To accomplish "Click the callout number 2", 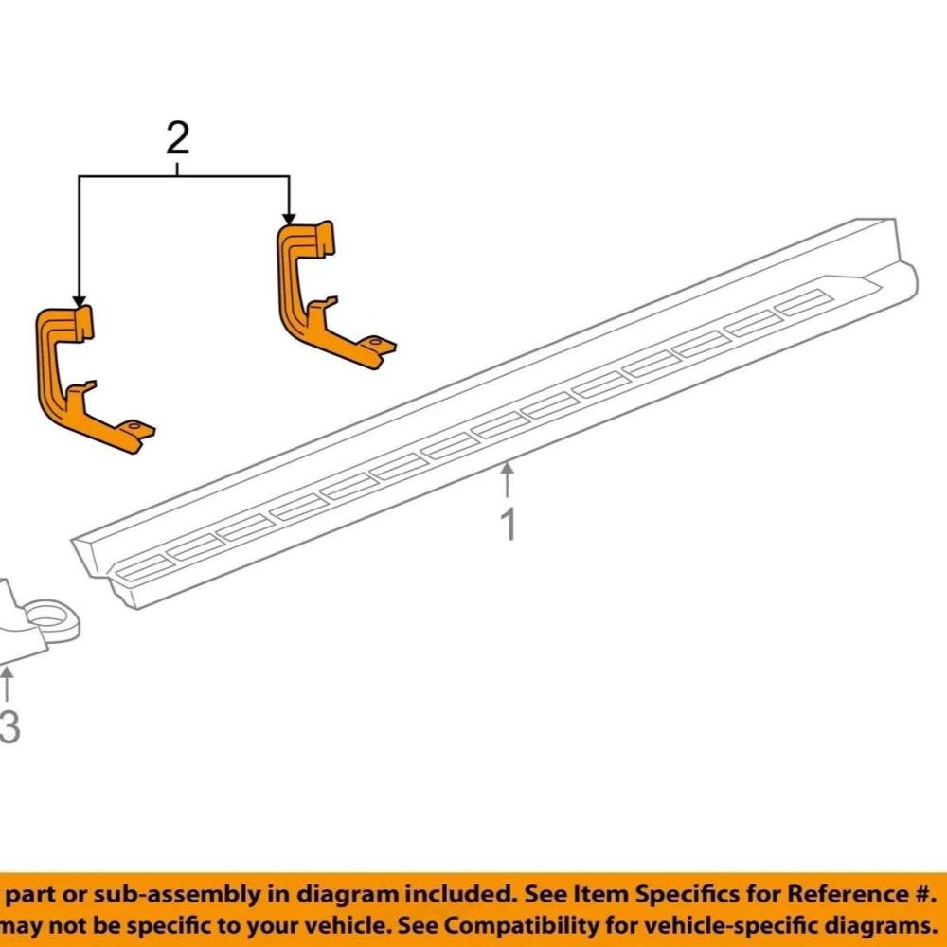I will click(x=177, y=140).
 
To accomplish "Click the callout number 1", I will click(x=509, y=524).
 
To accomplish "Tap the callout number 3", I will click(x=9, y=728).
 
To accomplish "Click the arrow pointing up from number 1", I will click(x=509, y=478).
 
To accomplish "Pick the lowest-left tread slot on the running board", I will click(x=145, y=567).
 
